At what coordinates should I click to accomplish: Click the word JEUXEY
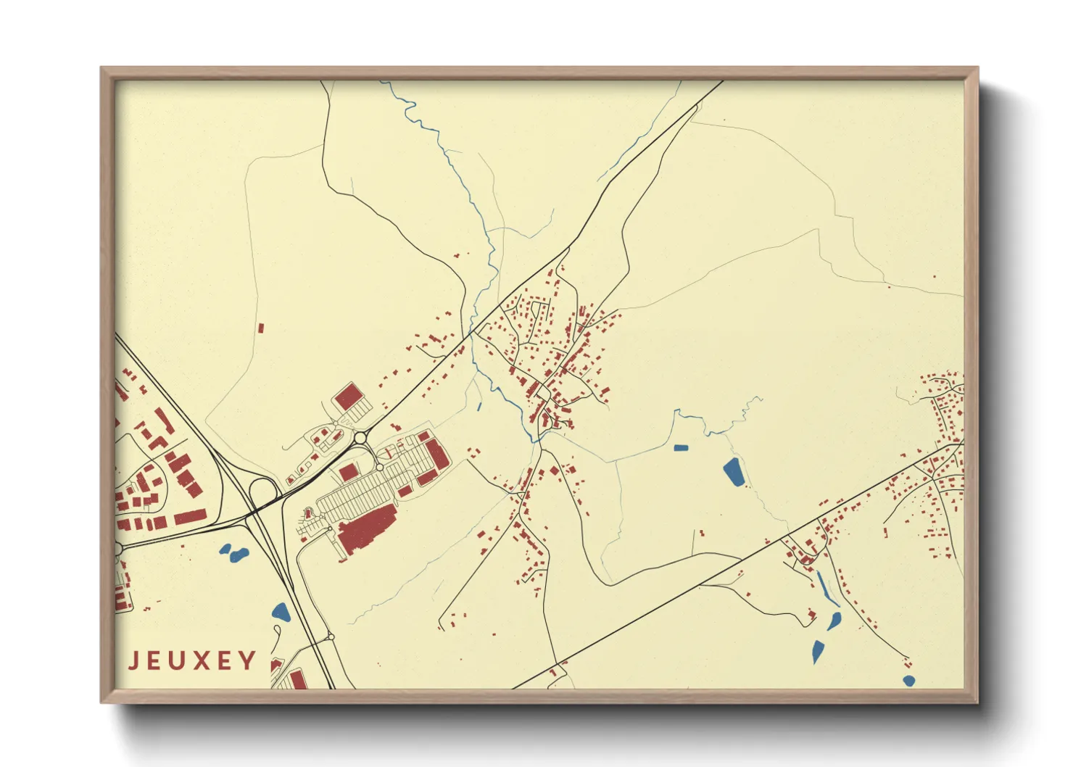[192, 660]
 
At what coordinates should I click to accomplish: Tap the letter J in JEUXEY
[134, 660]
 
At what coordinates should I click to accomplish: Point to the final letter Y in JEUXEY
[249, 660]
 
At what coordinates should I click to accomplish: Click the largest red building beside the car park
[367, 530]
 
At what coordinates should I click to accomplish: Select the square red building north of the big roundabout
[348, 397]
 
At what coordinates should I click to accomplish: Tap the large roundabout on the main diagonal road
[360, 437]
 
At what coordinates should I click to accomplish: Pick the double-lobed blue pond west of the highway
[233, 552]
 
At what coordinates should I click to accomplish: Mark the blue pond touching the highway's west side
[281, 611]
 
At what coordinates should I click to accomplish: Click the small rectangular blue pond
[680, 447]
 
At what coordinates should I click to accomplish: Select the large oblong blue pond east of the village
[733, 473]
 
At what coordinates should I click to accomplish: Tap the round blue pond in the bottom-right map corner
[908, 680]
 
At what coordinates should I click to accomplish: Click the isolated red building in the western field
[261, 328]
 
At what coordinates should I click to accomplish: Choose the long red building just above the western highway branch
[190, 517]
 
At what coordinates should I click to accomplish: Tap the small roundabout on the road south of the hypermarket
[331, 637]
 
